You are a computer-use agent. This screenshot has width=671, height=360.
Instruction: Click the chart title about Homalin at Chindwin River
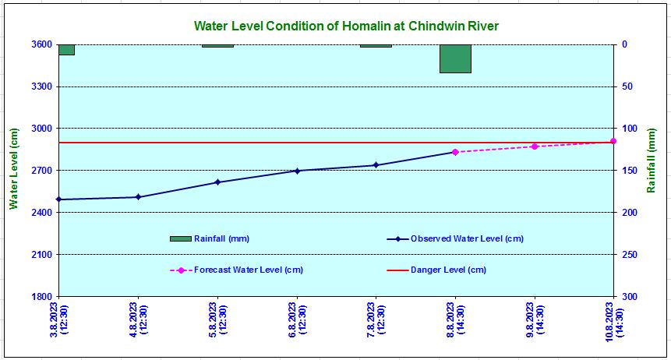pos(346,26)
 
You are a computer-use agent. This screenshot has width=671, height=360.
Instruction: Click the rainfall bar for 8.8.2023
pos(455,58)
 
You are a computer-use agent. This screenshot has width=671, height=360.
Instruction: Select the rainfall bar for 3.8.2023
pos(66,50)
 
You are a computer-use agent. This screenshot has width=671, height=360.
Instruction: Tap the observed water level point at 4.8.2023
pos(138,197)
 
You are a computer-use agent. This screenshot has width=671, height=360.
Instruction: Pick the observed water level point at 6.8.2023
pos(297,171)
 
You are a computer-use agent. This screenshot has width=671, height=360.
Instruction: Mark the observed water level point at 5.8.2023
pos(217,182)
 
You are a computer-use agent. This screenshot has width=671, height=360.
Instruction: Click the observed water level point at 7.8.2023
pos(376,165)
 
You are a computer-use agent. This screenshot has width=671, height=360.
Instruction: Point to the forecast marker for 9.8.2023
pos(535,146)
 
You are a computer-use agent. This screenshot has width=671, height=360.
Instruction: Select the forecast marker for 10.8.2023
pos(613,141)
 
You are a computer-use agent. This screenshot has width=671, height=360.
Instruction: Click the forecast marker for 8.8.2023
pos(455,152)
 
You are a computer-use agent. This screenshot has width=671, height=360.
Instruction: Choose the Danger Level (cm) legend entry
pos(448,270)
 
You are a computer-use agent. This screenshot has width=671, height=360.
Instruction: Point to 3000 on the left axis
pos(41,129)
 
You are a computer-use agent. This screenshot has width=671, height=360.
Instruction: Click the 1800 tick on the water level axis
pos(41,297)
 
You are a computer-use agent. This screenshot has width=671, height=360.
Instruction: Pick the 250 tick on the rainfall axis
pos(630,255)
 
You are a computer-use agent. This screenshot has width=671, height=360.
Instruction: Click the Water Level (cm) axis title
pos(13,169)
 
